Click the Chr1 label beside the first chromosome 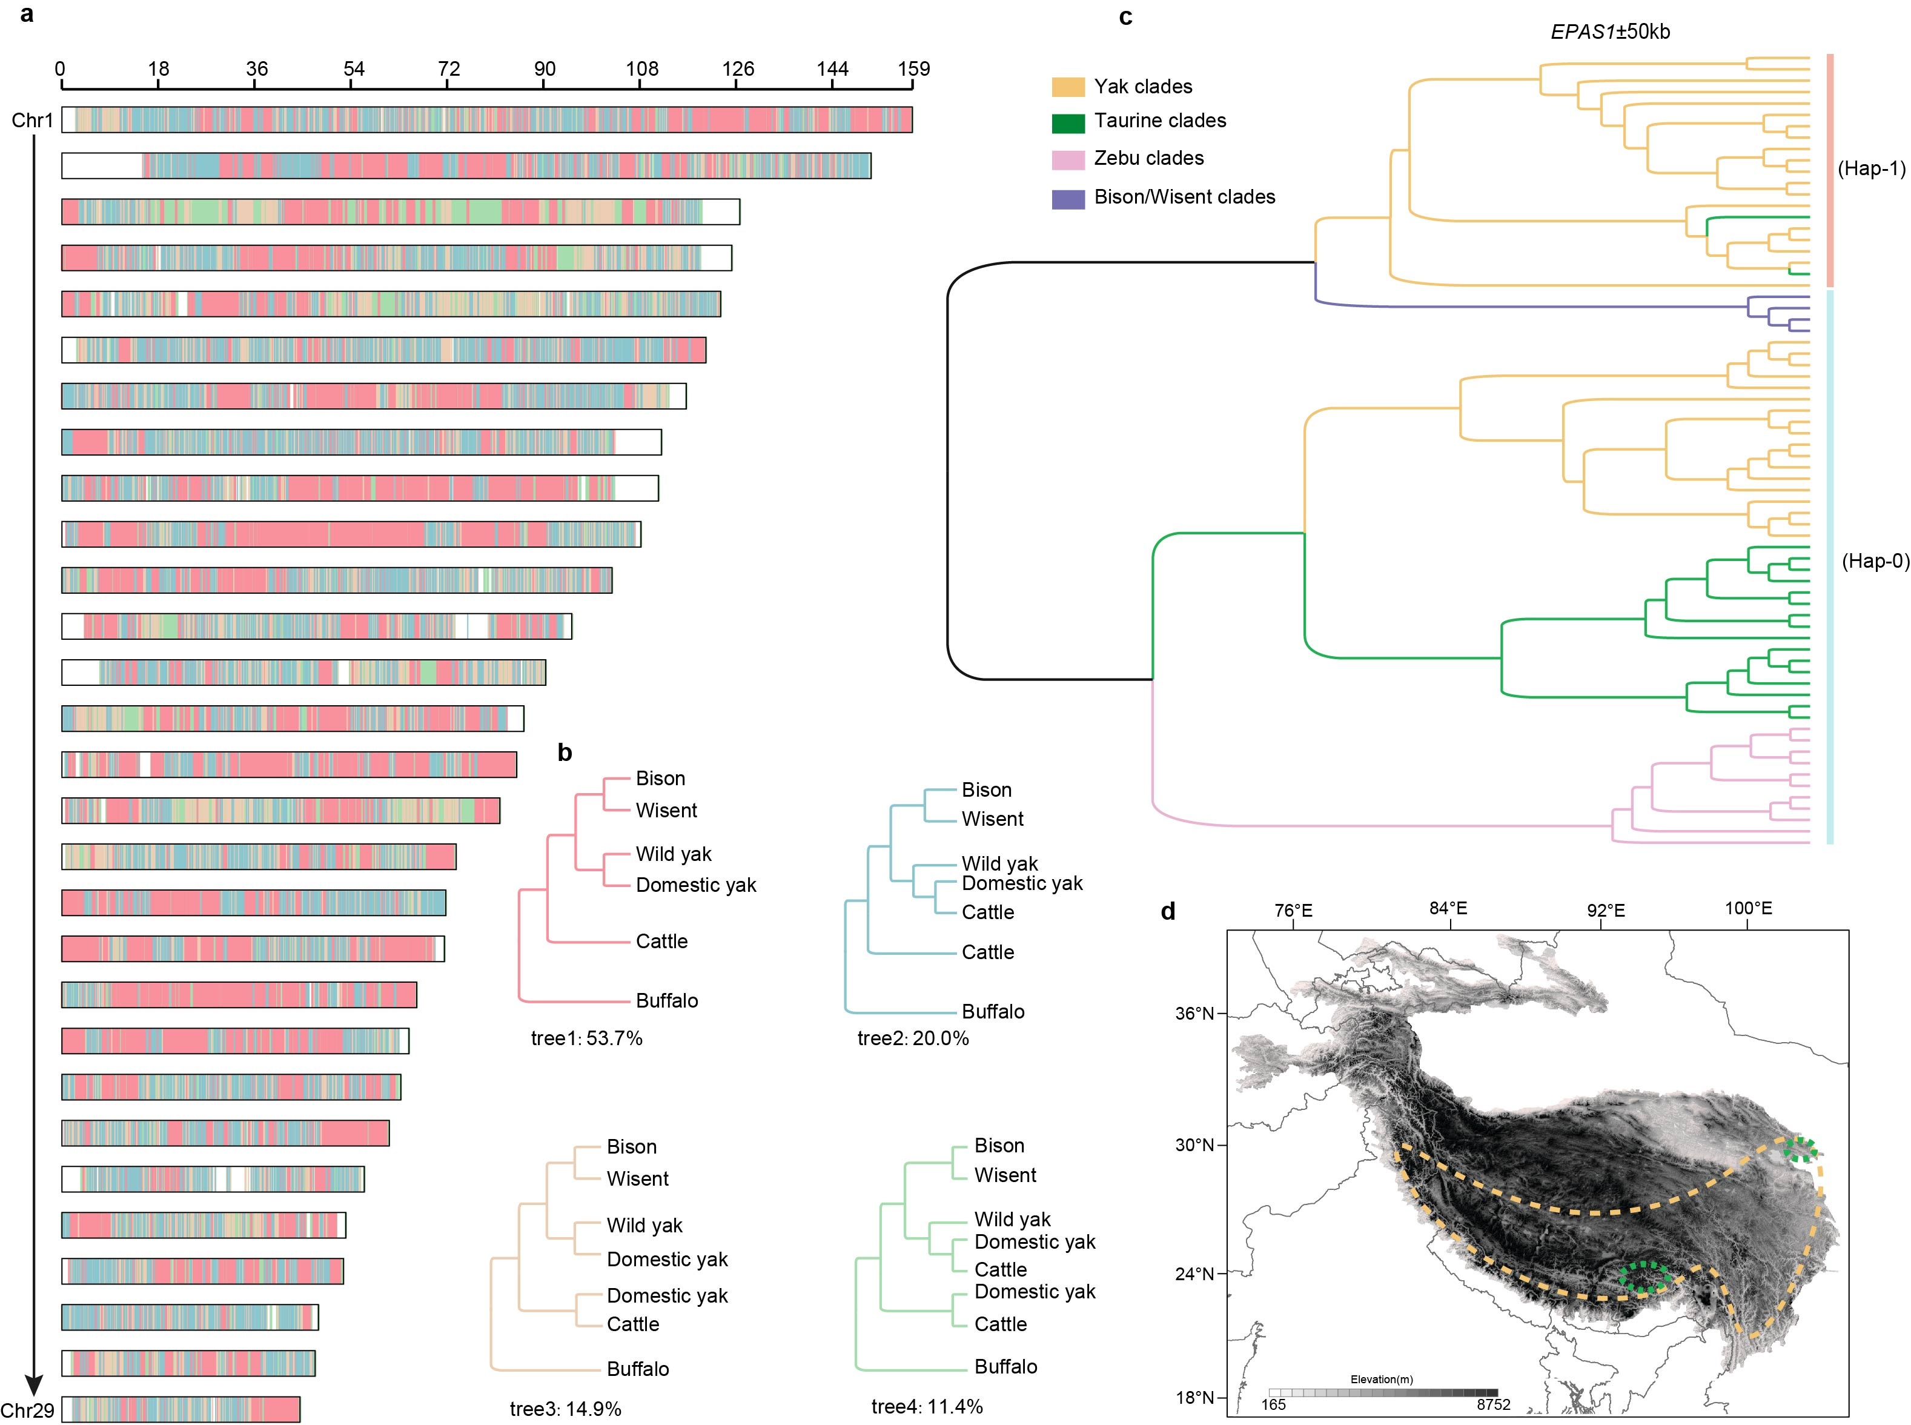[x=32, y=120]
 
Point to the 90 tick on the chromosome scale [x=544, y=69]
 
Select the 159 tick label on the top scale [x=913, y=69]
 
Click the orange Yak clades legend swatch [x=1068, y=86]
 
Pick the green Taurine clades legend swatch [x=1068, y=122]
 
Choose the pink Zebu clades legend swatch [x=1068, y=159]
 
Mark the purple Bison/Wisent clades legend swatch [x=1068, y=198]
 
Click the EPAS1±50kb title [x=1609, y=32]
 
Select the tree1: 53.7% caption [x=586, y=1038]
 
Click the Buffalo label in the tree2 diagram [x=993, y=1011]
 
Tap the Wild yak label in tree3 [x=644, y=1225]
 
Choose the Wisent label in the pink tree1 [x=666, y=810]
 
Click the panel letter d [x=1168, y=912]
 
